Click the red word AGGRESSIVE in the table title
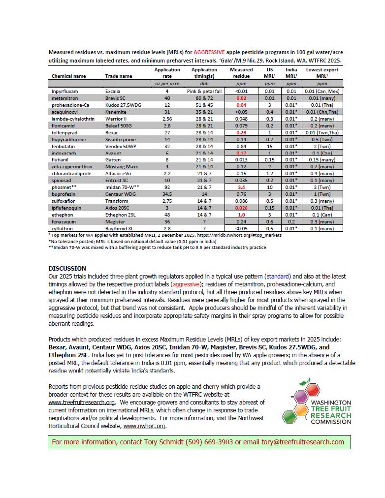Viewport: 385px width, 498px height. click(211, 51)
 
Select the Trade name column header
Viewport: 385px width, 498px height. click(119, 76)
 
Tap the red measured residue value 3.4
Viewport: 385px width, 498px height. click(241, 187)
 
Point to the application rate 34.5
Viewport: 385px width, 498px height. click(167, 194)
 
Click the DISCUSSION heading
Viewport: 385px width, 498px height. click(67, 268)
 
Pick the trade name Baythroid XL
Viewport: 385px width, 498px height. click(120, 229)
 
